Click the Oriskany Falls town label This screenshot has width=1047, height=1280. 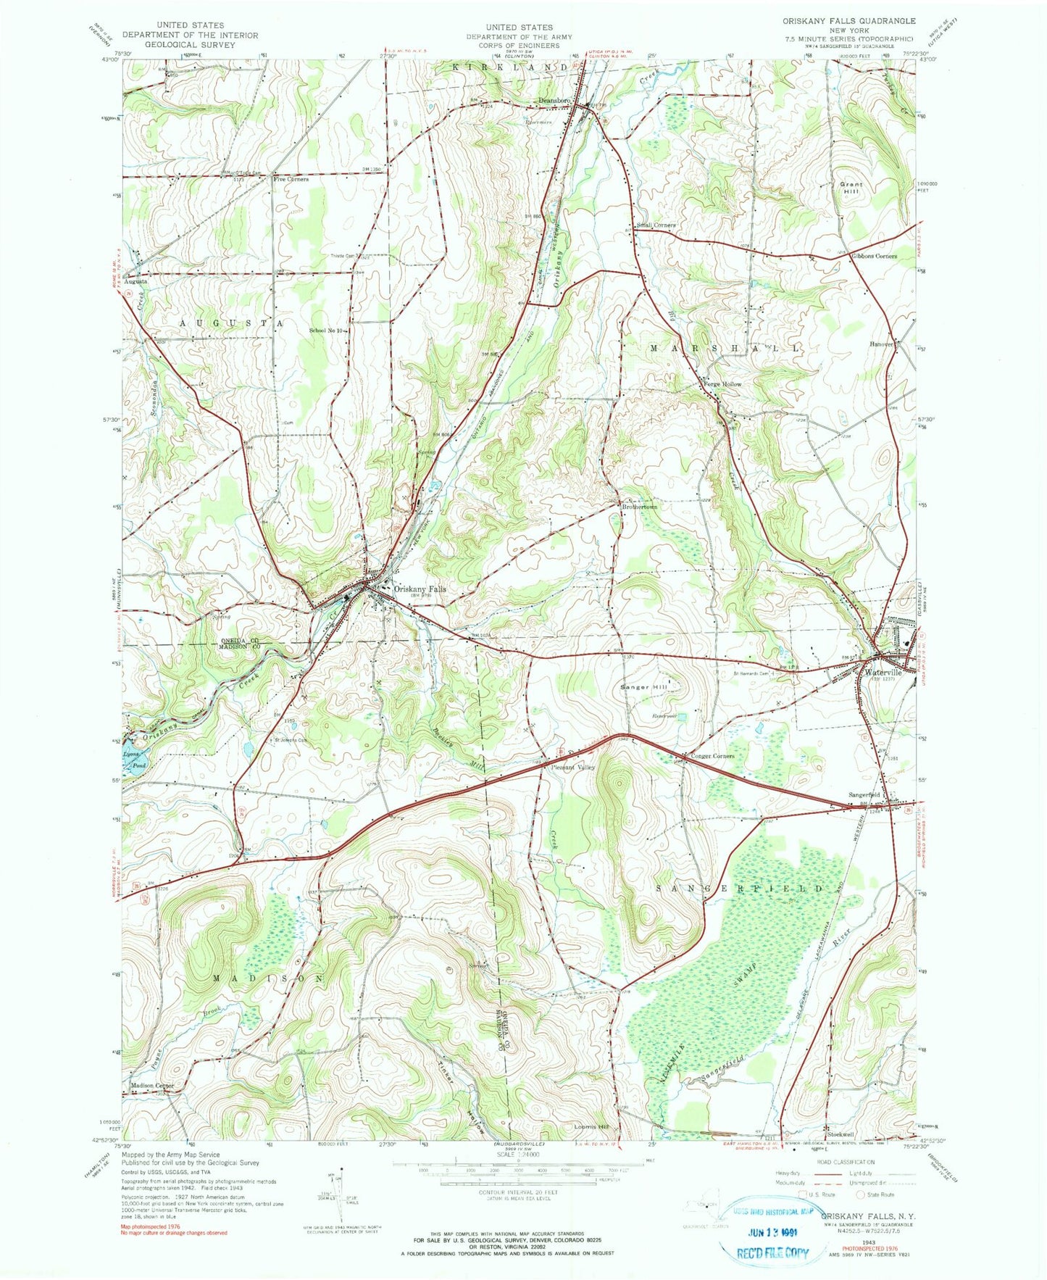point(420,589)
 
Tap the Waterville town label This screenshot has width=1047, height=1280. point(883,672)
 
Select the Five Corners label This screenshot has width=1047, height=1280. point(291,179)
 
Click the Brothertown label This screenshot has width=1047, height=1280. point(640,507)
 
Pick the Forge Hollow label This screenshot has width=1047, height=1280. point(722,384)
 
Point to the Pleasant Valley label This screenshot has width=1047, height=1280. point(573,767)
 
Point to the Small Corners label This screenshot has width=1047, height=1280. point(656,225)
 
